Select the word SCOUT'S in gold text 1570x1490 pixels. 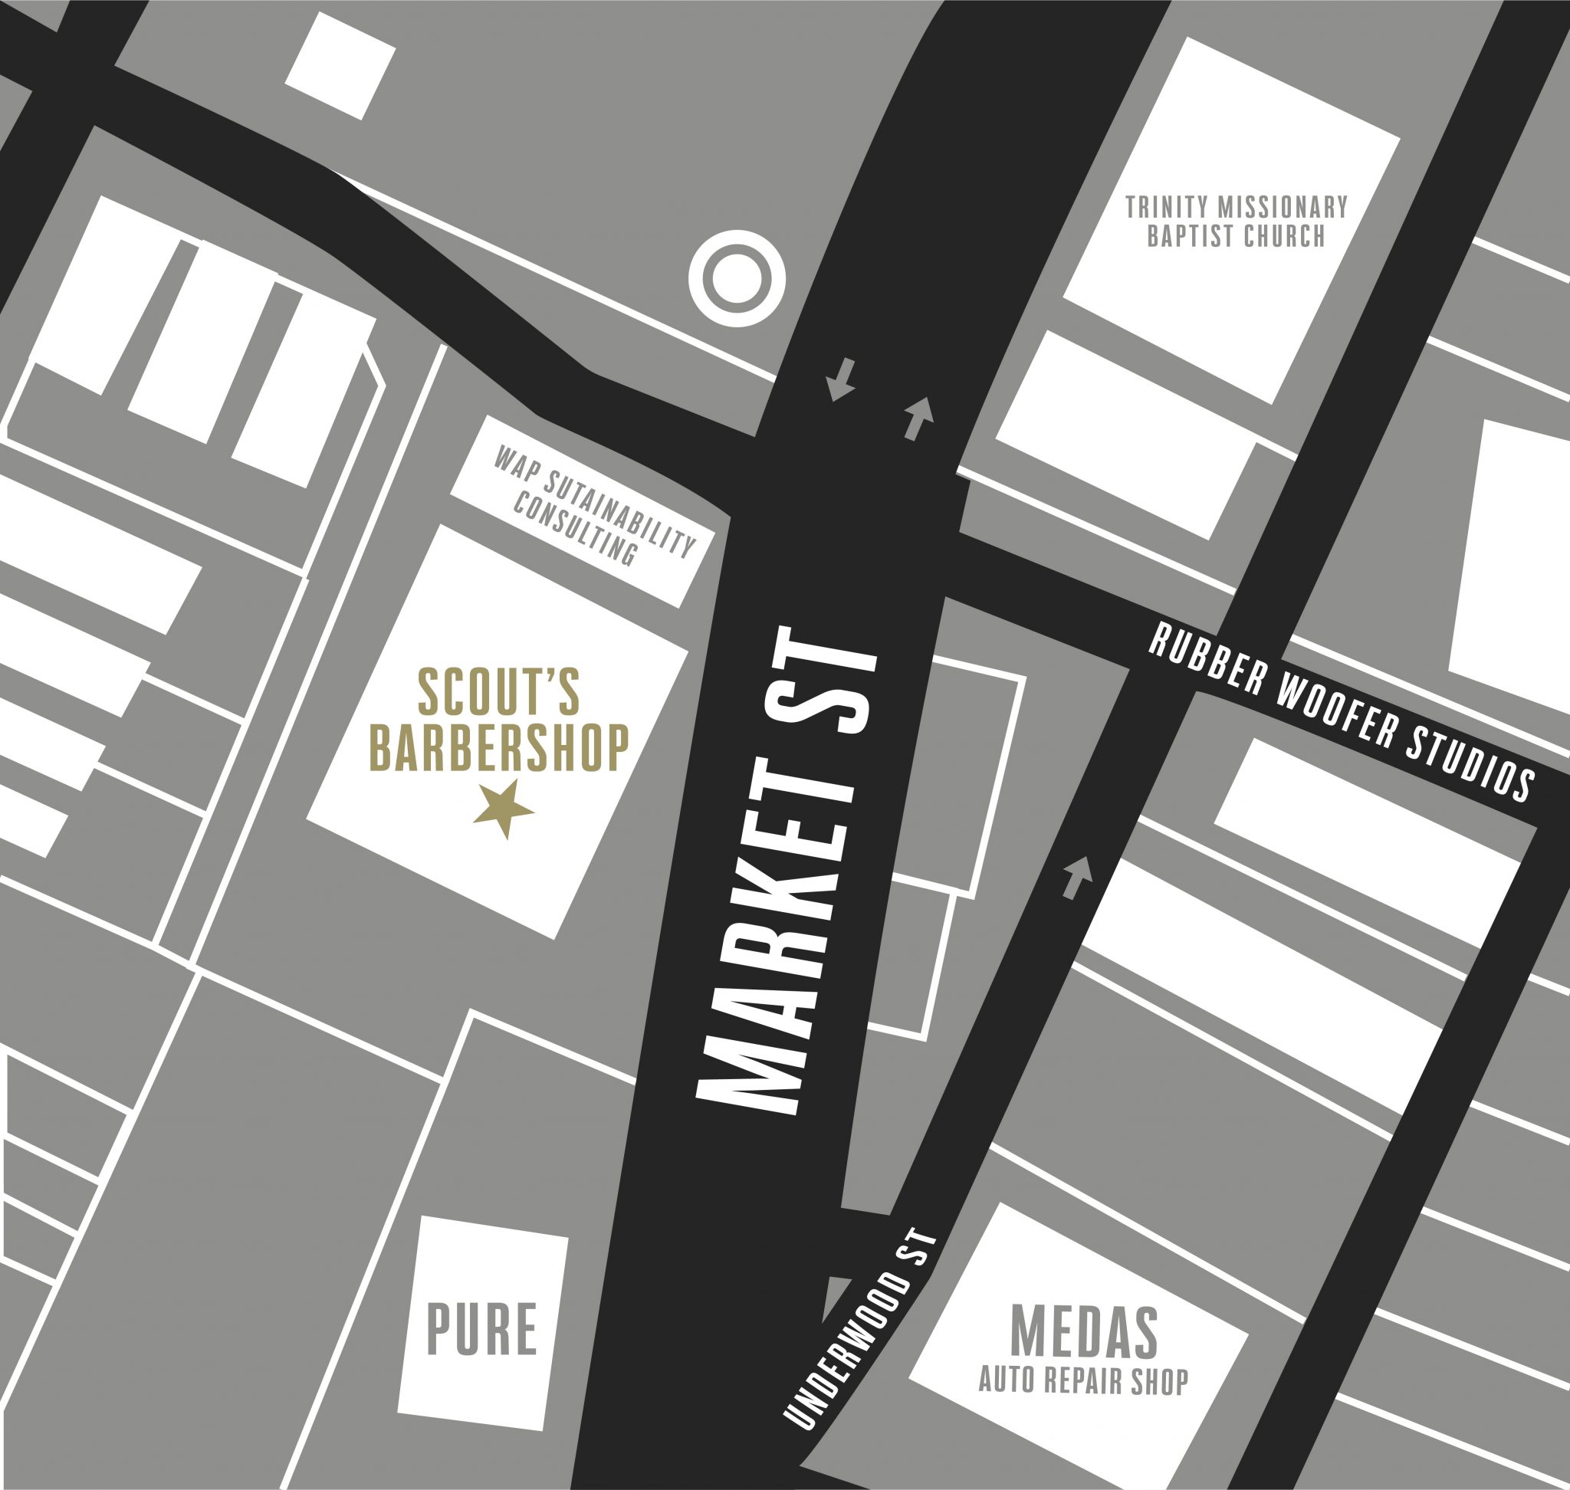point(498,693)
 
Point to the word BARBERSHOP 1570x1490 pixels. point(501,747)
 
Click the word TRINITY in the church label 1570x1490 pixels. point(1166,208)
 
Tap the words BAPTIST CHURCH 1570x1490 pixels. point(1237,236)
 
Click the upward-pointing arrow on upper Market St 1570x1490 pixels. point(918,418)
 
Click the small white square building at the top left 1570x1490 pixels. point(340,66)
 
